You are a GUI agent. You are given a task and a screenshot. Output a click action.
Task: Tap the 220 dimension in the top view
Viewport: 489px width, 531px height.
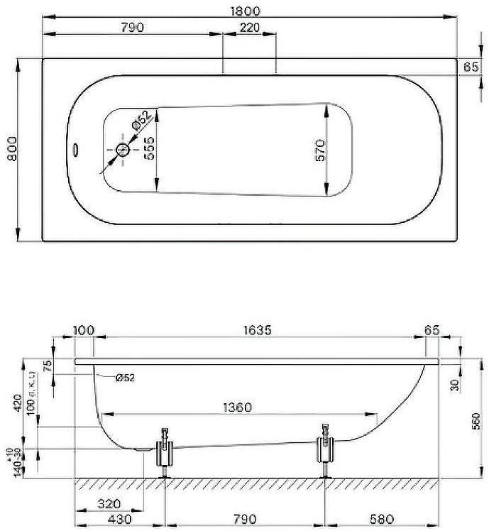[250, 28]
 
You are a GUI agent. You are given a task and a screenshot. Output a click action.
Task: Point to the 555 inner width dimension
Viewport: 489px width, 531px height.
[150, 149]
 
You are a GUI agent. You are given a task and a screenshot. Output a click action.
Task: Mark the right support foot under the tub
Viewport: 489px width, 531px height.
[326, 450]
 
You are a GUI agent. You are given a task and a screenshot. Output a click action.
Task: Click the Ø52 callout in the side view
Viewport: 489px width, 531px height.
[124, 378]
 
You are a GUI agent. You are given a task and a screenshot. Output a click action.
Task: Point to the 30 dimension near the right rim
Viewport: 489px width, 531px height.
[454, 385]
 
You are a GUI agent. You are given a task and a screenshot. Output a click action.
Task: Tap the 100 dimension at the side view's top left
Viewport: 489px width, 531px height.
[84, 331]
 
